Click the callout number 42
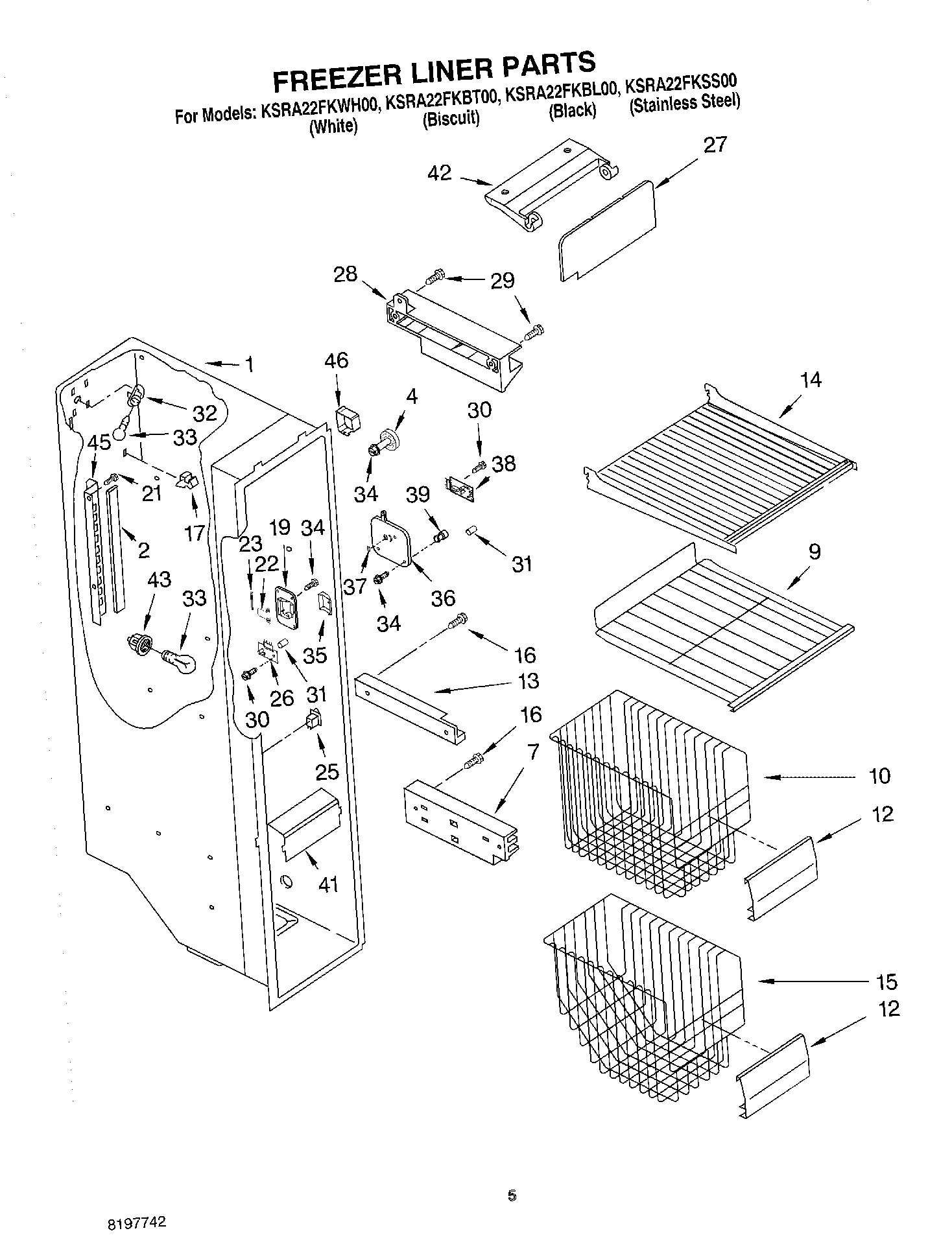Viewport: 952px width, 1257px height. (x=439, y=173)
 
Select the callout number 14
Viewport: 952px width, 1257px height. (x=811, y=380)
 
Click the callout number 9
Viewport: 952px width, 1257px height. (x=815, y=551)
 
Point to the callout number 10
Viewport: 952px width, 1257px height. (x=879, y=775)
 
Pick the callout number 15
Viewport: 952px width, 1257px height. (x=886, y=981)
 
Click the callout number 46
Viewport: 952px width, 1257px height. (x=335, y=360)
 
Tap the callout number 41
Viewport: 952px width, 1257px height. (x=328, y=884)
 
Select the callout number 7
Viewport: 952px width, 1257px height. (x=532, y=751)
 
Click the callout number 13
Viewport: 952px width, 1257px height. (x=529, y=681)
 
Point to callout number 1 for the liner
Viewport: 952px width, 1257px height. (x=249, y=364)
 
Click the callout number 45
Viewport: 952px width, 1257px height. (x=99, y=443)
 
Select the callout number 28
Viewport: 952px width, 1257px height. (x=345, y=274)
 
